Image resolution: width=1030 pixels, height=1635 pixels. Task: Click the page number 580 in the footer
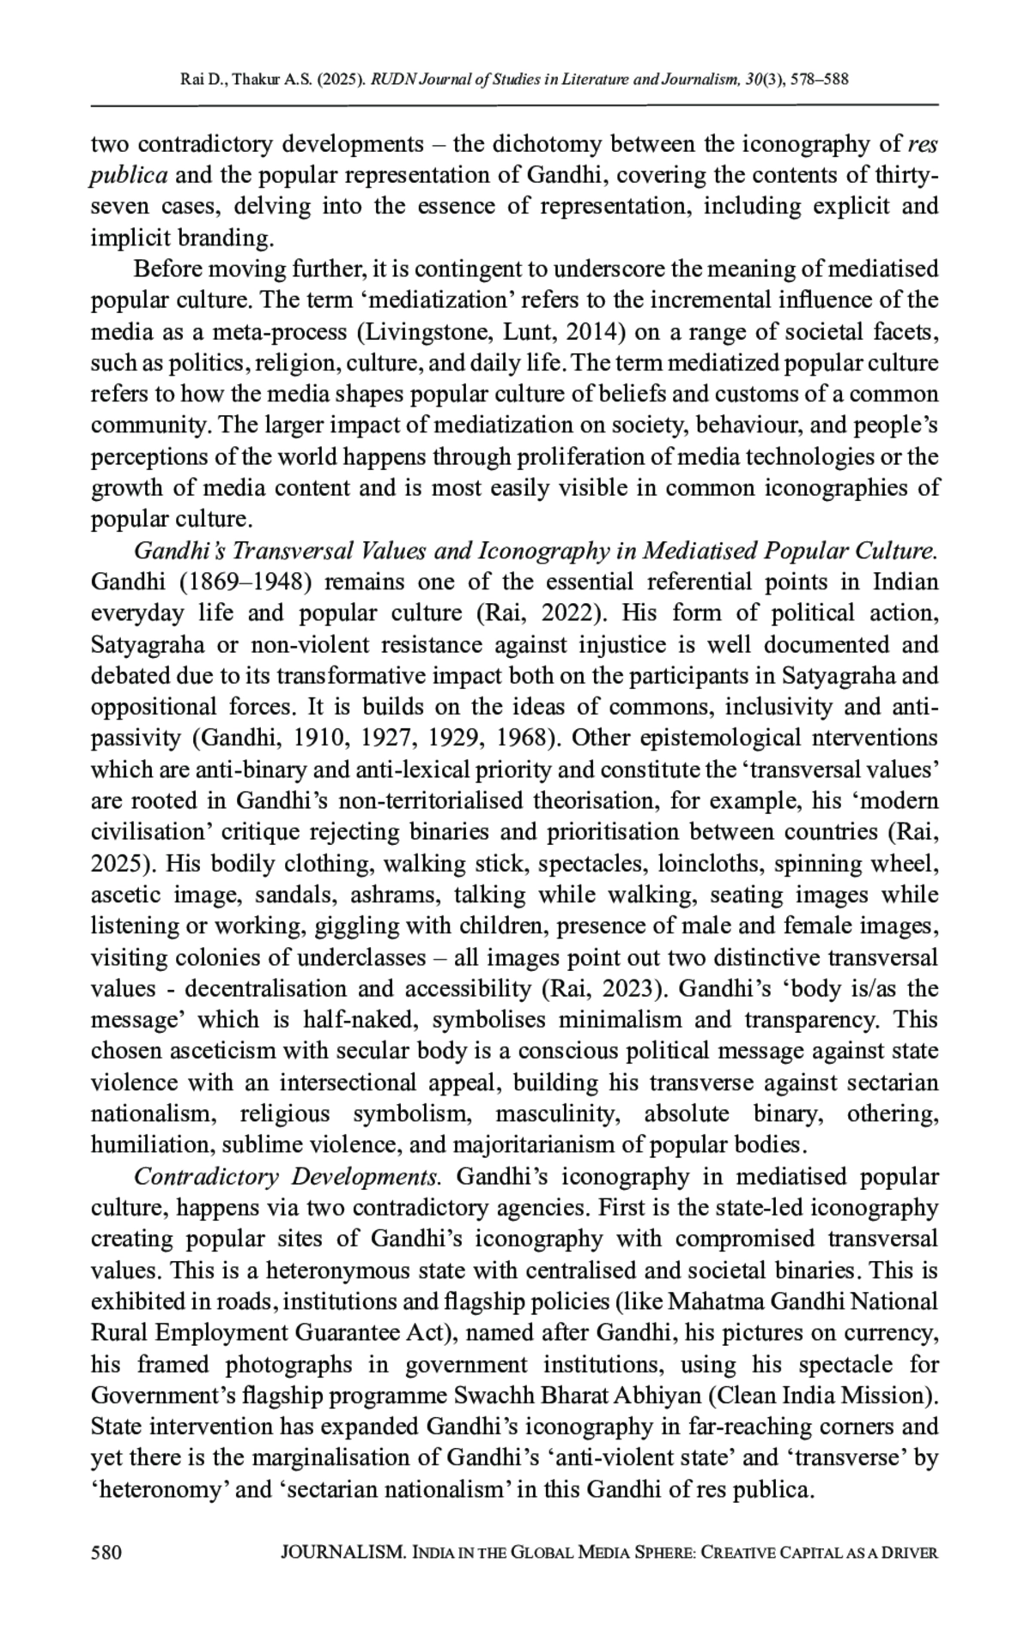click(106, 1553)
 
